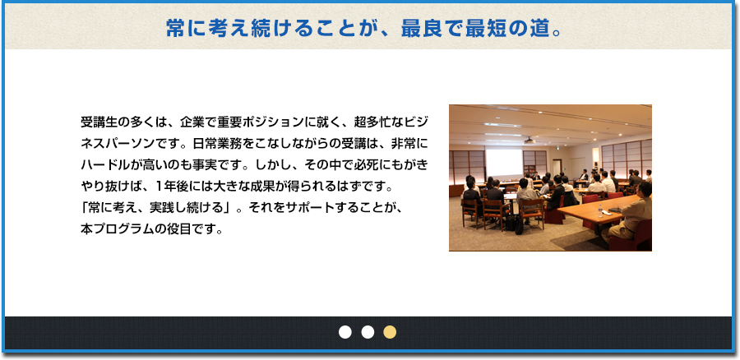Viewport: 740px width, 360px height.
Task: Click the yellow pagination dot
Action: click(390, 332)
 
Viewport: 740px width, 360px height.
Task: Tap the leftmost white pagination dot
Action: click(345, 332)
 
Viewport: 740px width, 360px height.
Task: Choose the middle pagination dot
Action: click(368, 332)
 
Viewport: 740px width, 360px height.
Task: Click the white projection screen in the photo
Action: click(504, 164)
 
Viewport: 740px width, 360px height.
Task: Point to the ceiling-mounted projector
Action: click(529, 140)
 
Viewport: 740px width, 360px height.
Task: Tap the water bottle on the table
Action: click(600, 210)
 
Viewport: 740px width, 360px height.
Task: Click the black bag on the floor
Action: click(519, 225)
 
